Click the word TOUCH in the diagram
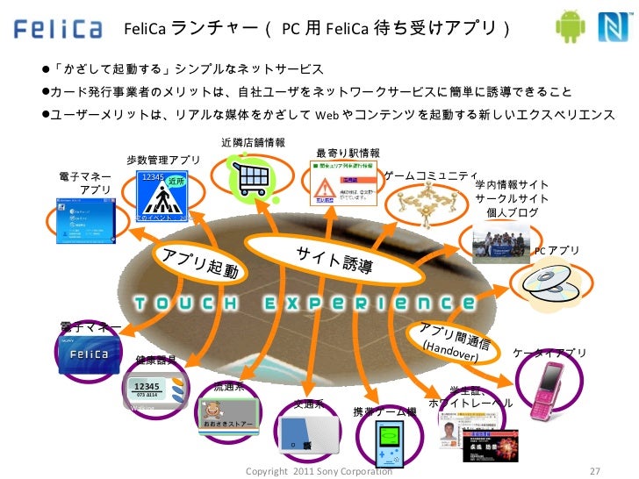click(185, 304)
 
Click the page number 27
click(596, 470)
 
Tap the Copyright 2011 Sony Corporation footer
click(319, 471)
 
